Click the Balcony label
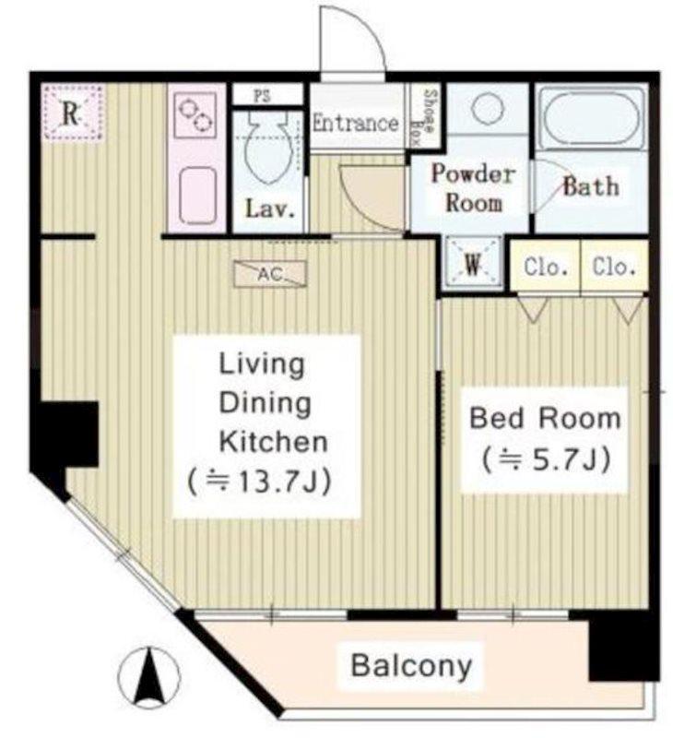[411, 665]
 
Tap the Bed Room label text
[545, 418]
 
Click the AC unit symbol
[270, 273]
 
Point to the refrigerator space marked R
[73, 113]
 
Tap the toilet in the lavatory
[267, 147]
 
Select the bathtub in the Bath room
[591, 118]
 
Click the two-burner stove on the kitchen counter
[195, 114]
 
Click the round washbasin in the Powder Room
[487, 108]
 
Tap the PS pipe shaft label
[263, 96]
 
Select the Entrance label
[356, 124]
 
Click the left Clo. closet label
[546, 268]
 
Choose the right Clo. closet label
[614, 267]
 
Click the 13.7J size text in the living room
[260, 482]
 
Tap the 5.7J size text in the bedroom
[546, 458]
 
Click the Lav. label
[270, 209]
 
